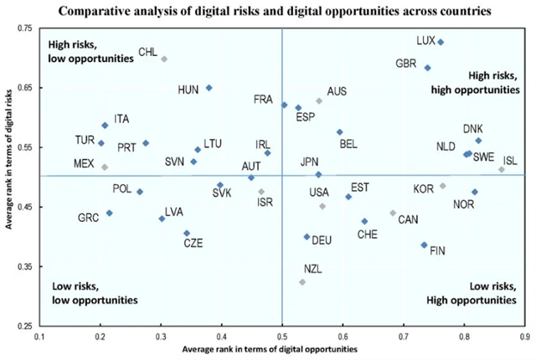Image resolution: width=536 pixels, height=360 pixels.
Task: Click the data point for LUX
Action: point(441,42)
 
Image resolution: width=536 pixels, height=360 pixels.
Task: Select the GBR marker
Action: point(427,68)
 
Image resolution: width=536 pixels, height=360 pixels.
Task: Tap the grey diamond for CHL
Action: point(164,59)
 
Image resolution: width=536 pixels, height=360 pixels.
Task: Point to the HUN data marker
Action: point(209,88)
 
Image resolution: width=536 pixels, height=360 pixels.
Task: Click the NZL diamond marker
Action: point(302,282)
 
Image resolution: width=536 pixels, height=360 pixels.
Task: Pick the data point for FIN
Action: point(424,245)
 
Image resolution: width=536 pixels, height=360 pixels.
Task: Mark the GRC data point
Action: point(109,213)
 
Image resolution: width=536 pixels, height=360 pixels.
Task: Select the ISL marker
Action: point(502,170)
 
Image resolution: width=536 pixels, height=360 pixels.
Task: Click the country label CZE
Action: point(193,244)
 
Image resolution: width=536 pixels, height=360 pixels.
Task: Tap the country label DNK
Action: point(473,129)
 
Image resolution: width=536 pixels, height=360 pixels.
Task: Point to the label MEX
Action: point(84,162)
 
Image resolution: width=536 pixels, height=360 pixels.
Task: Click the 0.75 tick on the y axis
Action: point(23,28)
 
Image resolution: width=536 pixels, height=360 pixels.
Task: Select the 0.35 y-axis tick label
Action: point(23,266)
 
